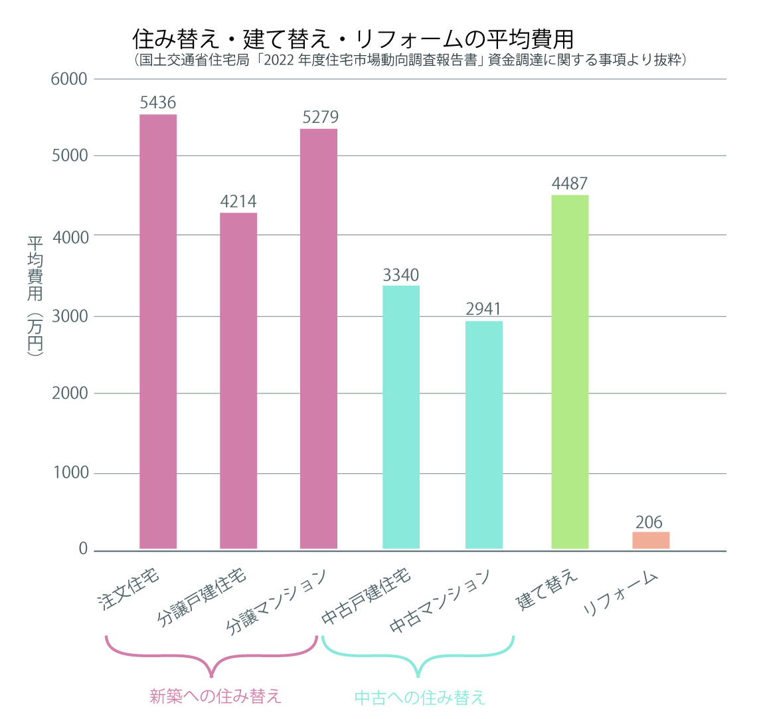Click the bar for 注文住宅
pyautogui.click(x=158, y=332)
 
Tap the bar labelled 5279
pyautogui.click(x=319, y=339)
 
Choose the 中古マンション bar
pyautogui.click(x=484, y=435)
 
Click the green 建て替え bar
pyautogui.click(x=570, y=372)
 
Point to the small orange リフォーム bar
pyautogui.click(x=651, y=540)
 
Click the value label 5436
pyautogui.click(x=158, y=103)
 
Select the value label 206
pyautogui.click(x=649, y=522)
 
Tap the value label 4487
pyautogui.click(x=570, y=183)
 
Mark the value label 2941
pyautogui.click(x=483, y=309)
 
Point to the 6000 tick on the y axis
pyautogui.click(x=69, y=79)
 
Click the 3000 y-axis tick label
pyautogui.click(x=69, y=316)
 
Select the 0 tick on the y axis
pyautogui.click(x=83, y=549)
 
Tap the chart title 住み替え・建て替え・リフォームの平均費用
pyautogui.click(x=353, y=38)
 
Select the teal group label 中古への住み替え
pyautogui.click(x=420, y=697)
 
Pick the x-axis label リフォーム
pyautogui.click(x=620, y=593)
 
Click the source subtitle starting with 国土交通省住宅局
pyautogui.click(x=409, y=60)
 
